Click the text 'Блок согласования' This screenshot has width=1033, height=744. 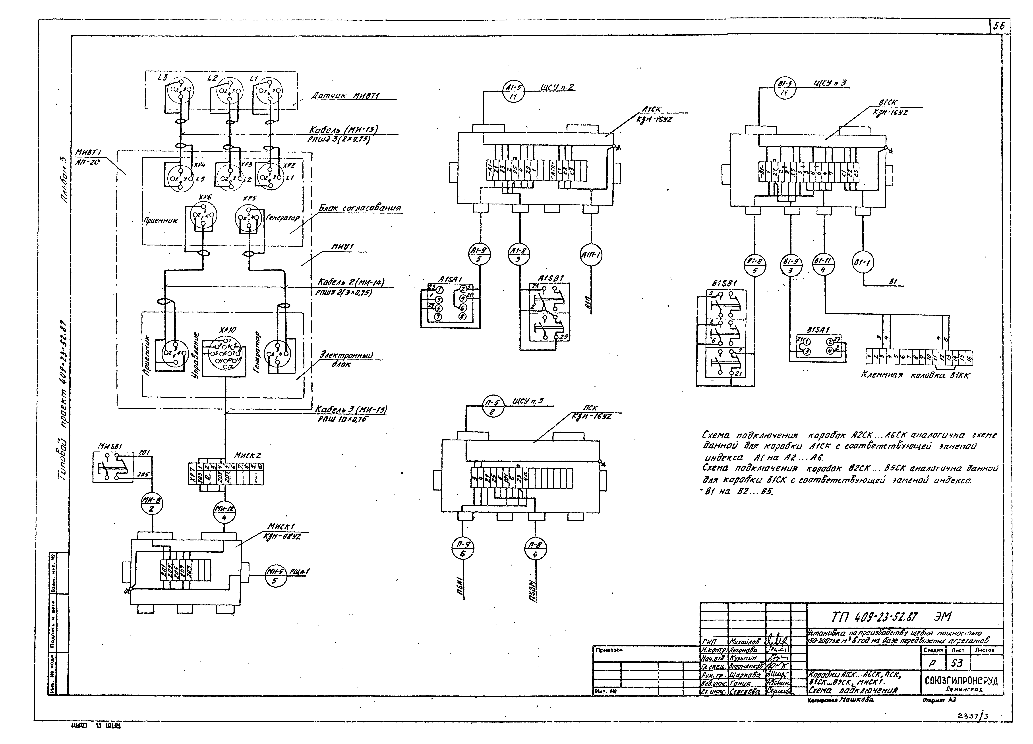point(360,208)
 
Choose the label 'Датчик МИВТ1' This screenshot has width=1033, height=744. point(346,96)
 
